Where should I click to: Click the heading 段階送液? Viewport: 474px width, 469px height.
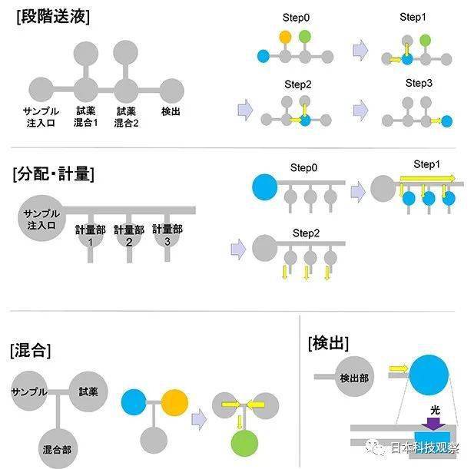coord(53,17)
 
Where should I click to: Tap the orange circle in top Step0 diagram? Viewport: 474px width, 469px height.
coord(285,37)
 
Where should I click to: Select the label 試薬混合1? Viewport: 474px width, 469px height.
coord(86,117)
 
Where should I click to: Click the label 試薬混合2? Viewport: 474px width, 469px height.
coord(126,117)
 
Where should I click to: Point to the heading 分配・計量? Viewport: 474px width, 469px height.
coord(54,173)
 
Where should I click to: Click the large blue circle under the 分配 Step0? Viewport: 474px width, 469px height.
coord(265,187)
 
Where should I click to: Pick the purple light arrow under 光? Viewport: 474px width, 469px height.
coord(433,424)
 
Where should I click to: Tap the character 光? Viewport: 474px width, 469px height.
coord(435,410)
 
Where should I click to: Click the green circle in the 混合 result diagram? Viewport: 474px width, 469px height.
coord(244,443)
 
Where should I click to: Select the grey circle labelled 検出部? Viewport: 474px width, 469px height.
coord(354,377)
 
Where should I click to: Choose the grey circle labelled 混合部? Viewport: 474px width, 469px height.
coord(58,449)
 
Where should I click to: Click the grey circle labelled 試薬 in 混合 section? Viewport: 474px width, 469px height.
coord(88,391)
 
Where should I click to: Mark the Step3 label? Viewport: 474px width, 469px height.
coord(419,83)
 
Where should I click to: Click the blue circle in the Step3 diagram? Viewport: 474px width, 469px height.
coord(447,121)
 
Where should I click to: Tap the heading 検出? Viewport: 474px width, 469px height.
coord(328,343)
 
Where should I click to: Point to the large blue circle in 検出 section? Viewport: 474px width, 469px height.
coord(429,375)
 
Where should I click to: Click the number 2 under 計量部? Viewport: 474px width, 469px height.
coord(129,243)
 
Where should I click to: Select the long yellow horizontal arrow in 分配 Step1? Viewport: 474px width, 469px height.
coord(427,178)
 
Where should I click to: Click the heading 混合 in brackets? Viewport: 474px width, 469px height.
coord(30,350)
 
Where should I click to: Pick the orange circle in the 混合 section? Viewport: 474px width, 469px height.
coord(174,402)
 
